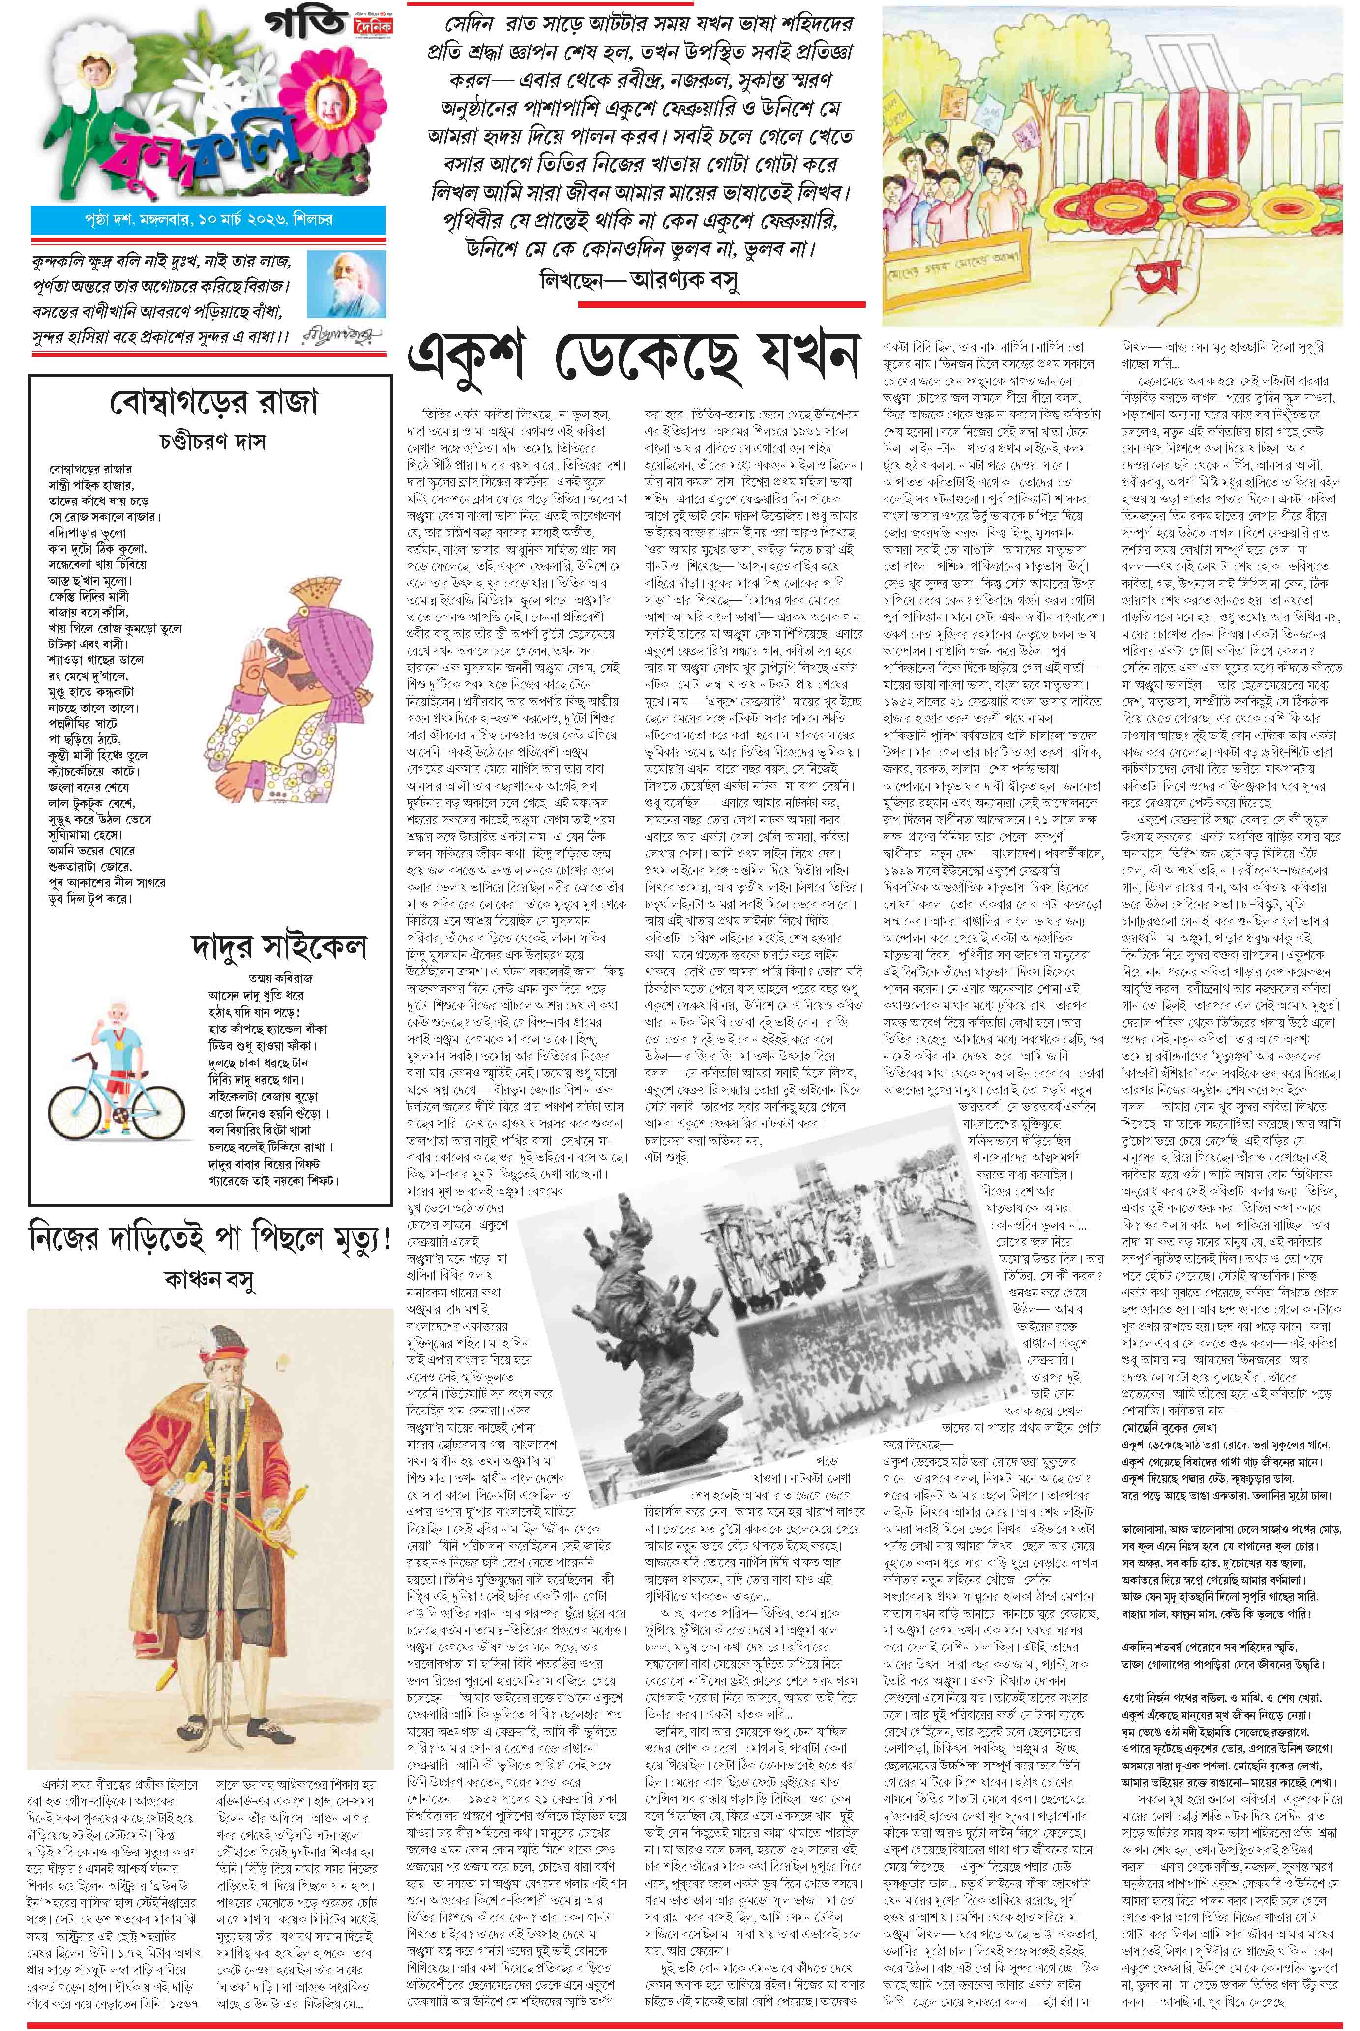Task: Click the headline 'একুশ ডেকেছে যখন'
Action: tap(633, 358)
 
